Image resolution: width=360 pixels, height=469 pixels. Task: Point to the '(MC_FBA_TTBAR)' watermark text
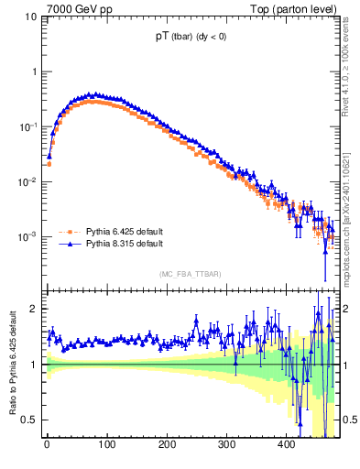click(x=191, y=275)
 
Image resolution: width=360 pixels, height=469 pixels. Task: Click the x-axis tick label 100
click(x=106, y=445)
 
